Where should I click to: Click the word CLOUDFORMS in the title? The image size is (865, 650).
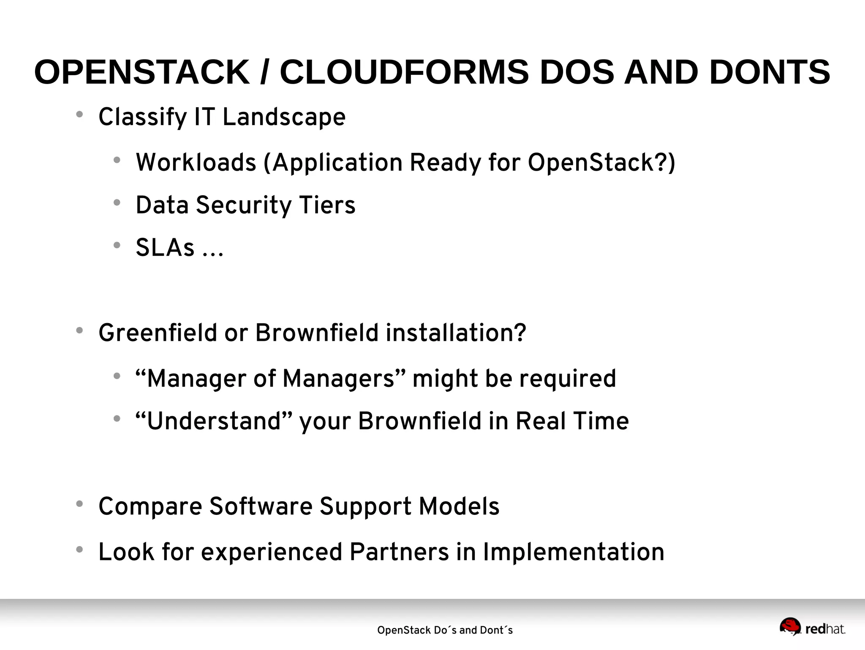[404, 72]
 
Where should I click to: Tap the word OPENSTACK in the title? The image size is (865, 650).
[141, 72]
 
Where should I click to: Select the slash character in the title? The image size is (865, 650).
[264, 72]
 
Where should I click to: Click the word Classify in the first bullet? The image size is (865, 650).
[142, 117]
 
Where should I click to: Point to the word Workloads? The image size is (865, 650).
[196, 163]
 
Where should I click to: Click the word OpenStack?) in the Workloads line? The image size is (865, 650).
[601, 163]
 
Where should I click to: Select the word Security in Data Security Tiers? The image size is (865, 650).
[243, 205]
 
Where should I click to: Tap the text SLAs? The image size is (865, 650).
[165, 248]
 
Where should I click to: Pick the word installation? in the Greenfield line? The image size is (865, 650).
[456, 333]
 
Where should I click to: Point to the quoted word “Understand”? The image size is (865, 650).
[213, 421]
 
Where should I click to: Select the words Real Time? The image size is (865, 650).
[572, 421]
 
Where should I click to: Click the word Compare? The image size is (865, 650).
[150, 506]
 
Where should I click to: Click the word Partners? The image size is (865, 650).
[399, 552]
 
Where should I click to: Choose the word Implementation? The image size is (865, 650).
[573, 552]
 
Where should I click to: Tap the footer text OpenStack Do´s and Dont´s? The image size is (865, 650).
[445, 630]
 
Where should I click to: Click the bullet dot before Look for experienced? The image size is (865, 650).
[79, 549]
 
